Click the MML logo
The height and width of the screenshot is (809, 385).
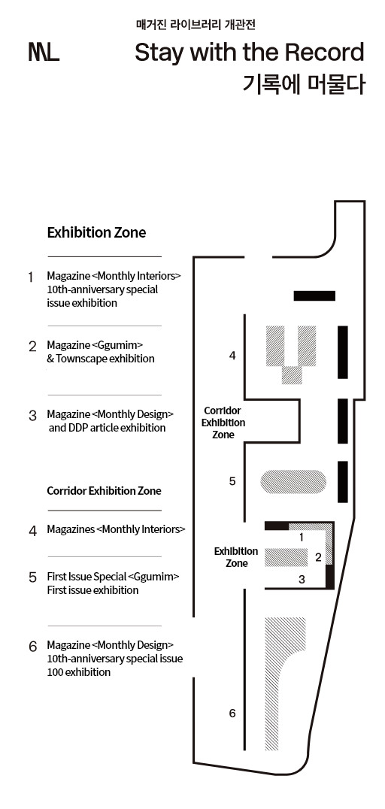44,53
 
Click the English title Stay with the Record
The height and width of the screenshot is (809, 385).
250,53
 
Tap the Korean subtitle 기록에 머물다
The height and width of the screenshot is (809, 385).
304,84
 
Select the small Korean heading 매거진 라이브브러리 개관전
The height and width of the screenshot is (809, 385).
196,24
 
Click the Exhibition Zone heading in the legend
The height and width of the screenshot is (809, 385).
96,232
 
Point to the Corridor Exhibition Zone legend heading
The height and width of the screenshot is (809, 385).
105,491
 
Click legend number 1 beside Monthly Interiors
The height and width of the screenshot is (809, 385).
31,277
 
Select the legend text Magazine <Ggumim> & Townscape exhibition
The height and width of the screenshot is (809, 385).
101,351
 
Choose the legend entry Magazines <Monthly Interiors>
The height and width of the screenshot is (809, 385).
116,529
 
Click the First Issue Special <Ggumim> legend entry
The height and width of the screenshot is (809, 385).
113,583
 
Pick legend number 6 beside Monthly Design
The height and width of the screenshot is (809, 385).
33,646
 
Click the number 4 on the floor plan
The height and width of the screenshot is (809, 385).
232,356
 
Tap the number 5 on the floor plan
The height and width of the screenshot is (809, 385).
232,481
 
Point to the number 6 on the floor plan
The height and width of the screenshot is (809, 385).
232,713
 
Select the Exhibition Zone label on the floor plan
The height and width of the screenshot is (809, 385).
236,557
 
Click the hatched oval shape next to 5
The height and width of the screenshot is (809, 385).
293,481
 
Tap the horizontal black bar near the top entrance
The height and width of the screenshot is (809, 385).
314,295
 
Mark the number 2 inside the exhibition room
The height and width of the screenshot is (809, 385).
318,557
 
